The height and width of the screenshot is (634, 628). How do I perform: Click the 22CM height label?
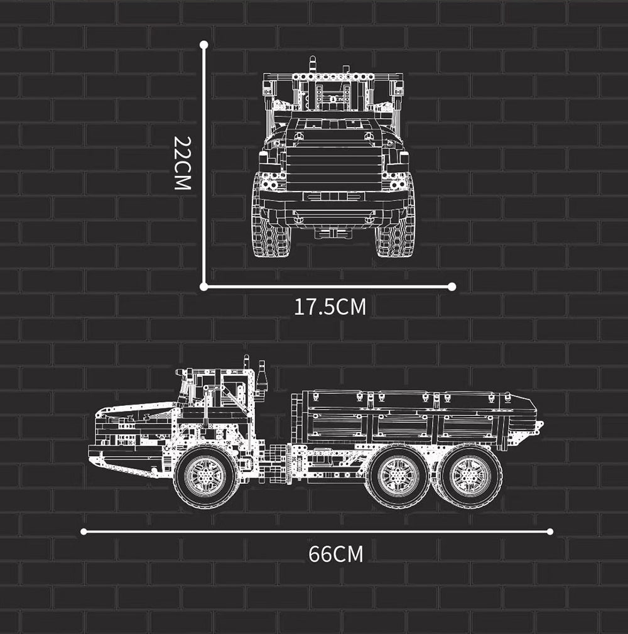pos(182,163)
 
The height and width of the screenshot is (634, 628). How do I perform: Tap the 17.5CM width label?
pos(330,307)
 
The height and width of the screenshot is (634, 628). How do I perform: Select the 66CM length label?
pos(336,554)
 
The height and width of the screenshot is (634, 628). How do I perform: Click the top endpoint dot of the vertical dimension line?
pos(203,44)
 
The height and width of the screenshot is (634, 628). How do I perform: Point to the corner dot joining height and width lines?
pos(203,287)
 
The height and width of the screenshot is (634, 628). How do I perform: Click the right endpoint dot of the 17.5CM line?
pos(452,287)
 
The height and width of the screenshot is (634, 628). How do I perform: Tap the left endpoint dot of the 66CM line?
pos(84,532)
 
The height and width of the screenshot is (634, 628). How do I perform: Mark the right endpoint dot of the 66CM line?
pos(549,532)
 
